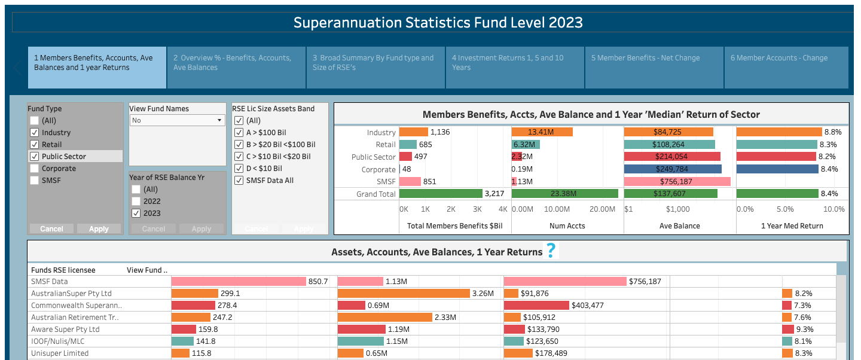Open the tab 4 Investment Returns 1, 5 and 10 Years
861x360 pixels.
[515, 68]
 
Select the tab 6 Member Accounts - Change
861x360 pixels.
[786, 68]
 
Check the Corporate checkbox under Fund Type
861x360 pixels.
[35, 169]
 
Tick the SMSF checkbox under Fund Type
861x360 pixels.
[35, 181]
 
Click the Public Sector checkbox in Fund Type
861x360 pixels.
[35, 157]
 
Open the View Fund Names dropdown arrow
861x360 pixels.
[219, 120]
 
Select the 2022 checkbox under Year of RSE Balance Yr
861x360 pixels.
[136, 201]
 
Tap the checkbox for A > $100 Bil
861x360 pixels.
[239, 133]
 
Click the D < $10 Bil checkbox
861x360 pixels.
[239, 169]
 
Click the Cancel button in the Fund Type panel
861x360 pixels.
[51, 229]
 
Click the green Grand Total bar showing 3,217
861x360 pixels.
[441, 194]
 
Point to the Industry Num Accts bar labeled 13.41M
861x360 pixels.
[542, 132]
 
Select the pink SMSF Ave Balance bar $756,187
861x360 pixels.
[677, 182]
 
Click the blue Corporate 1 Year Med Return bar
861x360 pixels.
[777, 169]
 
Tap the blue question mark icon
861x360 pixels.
[551, 251]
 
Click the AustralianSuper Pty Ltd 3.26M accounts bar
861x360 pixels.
[404, 294]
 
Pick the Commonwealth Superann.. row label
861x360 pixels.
[77, 306]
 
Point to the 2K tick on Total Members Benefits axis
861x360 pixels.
[451, 209]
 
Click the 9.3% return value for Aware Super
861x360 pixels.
[804, 330]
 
